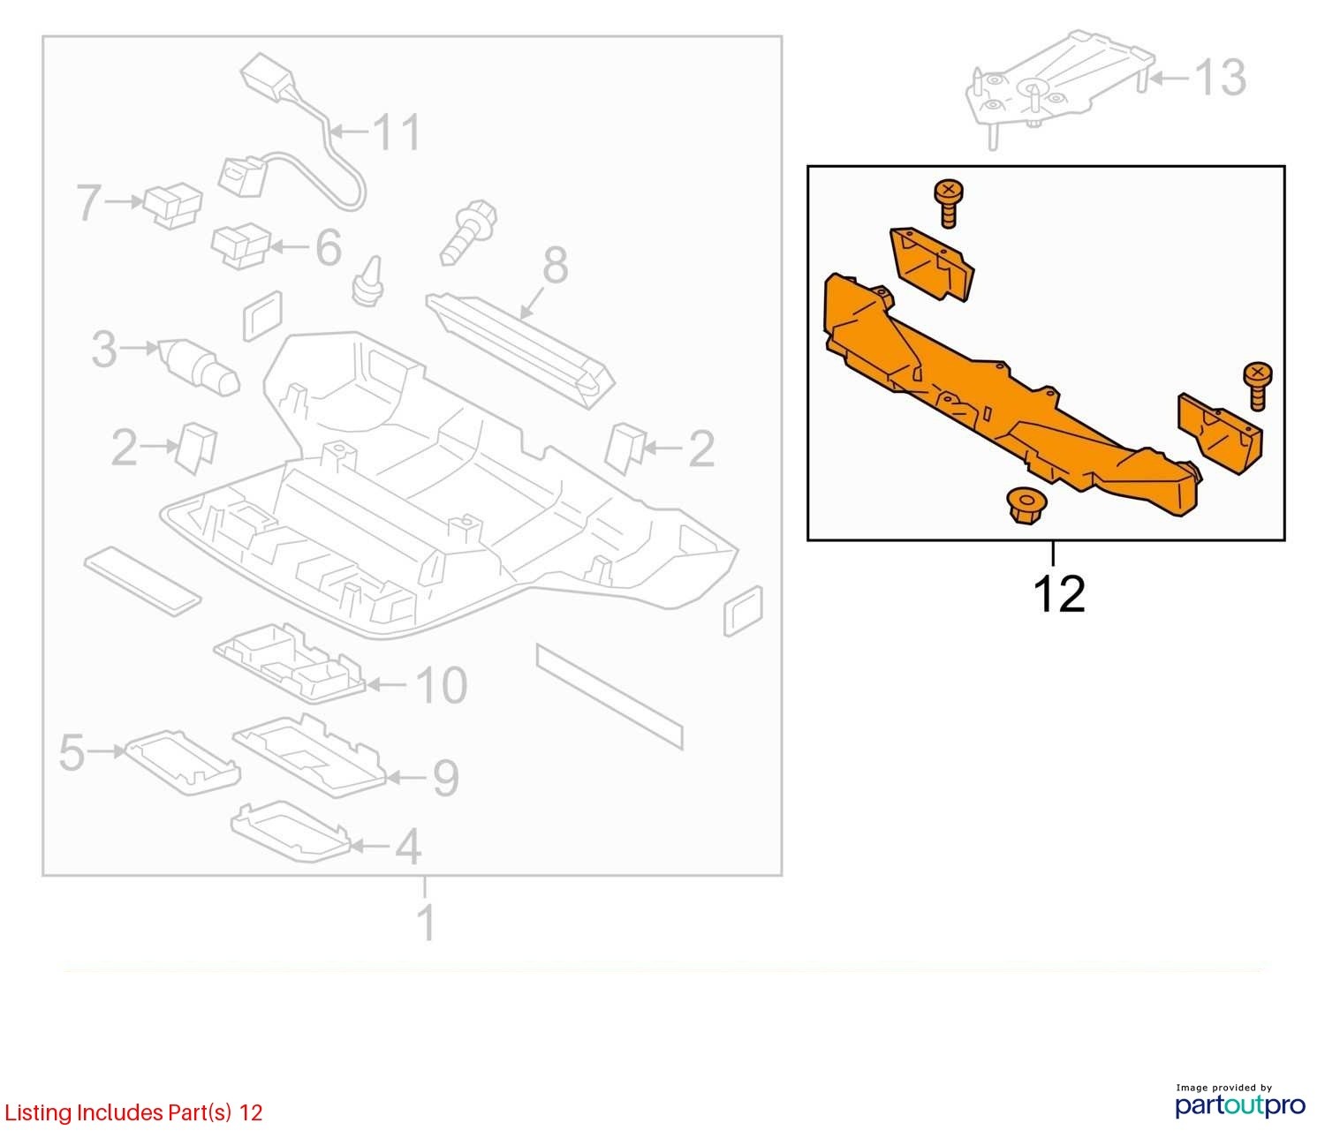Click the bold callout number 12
pyautogui.click(x=1059, y=594)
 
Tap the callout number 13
pyautogui.click(x=1221, y=78)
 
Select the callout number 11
pyautogui.click(x=397, y=132)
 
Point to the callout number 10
pyautogui.click(x=442, y=685)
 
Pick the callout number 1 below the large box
pyautogui.click(x=427, y=923)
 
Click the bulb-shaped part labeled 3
pyautogui.click(x=199, y=366)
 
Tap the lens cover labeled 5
pyautogui.click(x=182, y=763)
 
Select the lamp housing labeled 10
pyautogui.click(x=290, y=663)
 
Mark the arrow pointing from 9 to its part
pyautogui.click(x=405, y=778)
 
